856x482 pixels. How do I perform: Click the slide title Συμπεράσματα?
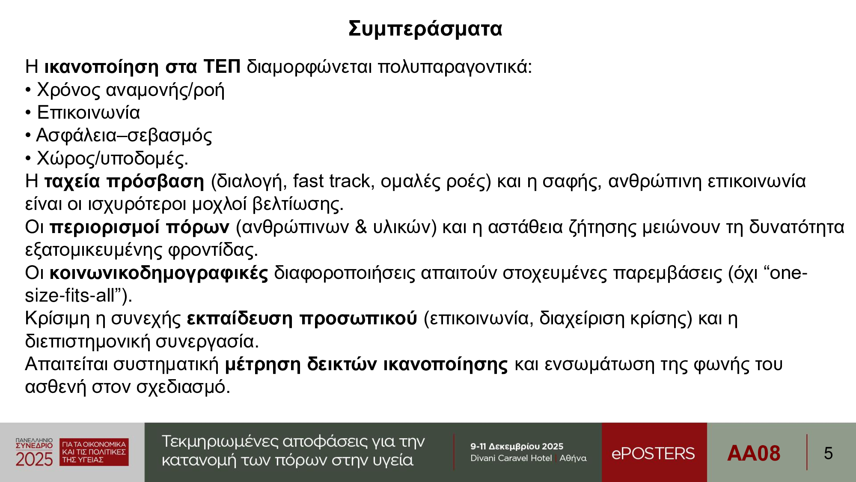[x=425, y=29]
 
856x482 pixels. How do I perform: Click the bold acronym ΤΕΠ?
[x=222, y=66]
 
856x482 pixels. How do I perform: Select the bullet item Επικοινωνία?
[x=89, y=113]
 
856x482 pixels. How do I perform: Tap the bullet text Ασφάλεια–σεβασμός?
[x=124, y=136]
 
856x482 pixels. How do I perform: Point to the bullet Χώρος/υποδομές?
[x=113, y=159]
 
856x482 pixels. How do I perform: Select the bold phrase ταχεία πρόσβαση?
[x=125, y=182]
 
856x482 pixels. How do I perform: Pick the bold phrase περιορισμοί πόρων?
[x=140, y=228]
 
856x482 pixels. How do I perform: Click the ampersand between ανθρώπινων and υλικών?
[x=361, y=227]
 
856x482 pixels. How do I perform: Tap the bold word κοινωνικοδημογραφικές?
[x=159, y=273]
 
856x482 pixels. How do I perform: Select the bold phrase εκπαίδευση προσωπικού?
[x=302, y=319]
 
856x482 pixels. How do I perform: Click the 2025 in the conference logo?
[x=34, y=460]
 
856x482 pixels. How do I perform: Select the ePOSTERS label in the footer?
[x=653, y=453]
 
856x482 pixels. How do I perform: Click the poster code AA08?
[x=754, y=453]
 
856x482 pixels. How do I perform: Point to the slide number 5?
[x=828, y=453]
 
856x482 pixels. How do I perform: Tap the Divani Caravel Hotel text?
[x=511, y=458]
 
